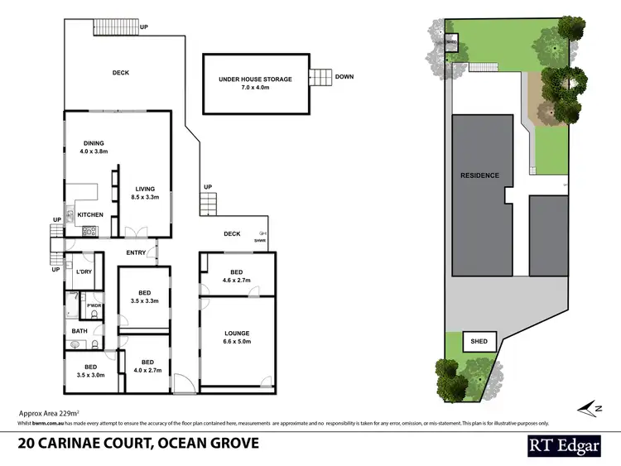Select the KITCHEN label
click(90, 214)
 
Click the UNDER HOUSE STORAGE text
click(255, 79)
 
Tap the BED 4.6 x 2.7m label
click(236, 276)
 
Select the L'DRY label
click(83, 272)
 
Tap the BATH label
click(79, 331)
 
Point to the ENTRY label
click(136, 252)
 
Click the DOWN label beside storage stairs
click(344, 77)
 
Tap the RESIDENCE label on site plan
click(479, 175)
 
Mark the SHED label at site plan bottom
click(479, 341)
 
